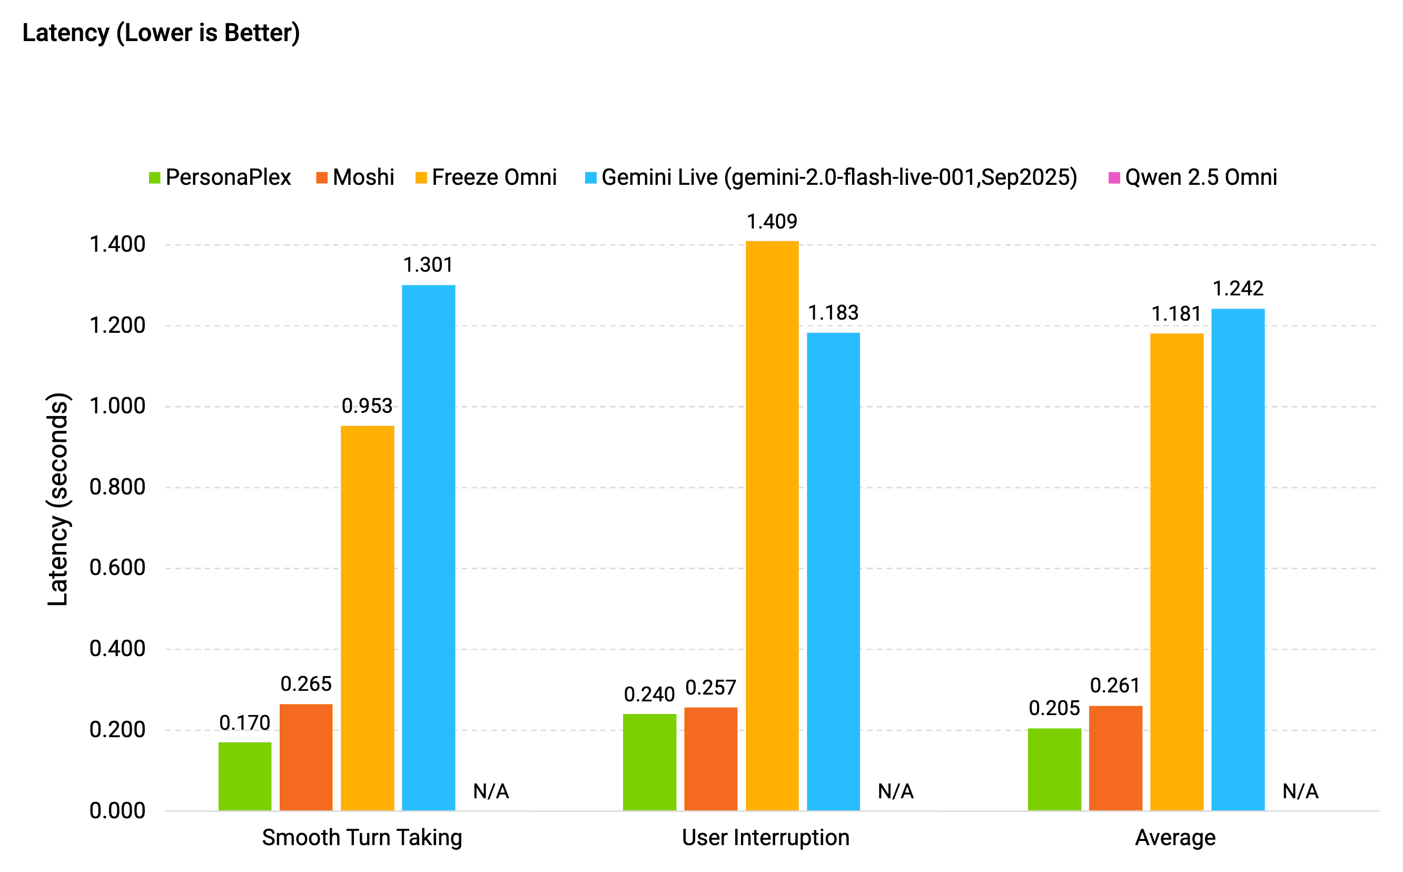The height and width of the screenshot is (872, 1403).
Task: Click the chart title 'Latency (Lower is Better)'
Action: tap(161, 33)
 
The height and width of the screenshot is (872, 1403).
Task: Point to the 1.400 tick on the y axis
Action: tap(117, 244)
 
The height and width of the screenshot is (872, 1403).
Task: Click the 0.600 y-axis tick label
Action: tap(117, 568)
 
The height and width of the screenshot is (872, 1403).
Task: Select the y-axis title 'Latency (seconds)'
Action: tap(57, 499)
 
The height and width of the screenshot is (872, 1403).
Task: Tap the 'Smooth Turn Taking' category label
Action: tap(362, 837)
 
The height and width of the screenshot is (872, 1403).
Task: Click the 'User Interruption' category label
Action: tap(766, 837)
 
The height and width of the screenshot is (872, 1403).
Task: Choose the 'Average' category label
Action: tap(1175, 837)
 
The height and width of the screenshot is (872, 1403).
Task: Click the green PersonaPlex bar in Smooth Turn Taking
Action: tap(245, 776)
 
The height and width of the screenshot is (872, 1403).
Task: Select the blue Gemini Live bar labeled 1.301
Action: tap(429, 548)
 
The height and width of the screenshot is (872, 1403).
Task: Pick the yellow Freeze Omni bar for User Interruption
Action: tap(772, 525)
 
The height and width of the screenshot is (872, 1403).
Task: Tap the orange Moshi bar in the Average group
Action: tap(1115, 758)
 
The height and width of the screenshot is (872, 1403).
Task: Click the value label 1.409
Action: tap(772, 222)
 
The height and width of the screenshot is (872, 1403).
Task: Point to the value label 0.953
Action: tap(367, 406)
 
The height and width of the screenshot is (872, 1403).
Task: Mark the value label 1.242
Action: tap(1238, 289)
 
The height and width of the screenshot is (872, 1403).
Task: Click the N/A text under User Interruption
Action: tap(895, 791)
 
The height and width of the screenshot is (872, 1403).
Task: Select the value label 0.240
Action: tap(649, 695)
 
